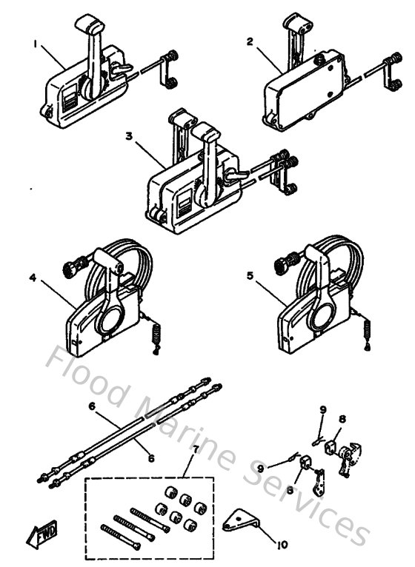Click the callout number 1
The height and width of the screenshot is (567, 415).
tap(35, 43)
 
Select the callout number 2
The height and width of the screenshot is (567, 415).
tap(250, 42)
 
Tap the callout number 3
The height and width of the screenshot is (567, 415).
tap(130, 138)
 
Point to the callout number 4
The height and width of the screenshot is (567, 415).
tap(33, 279)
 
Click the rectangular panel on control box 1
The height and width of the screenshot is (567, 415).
tap(66, 98)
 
